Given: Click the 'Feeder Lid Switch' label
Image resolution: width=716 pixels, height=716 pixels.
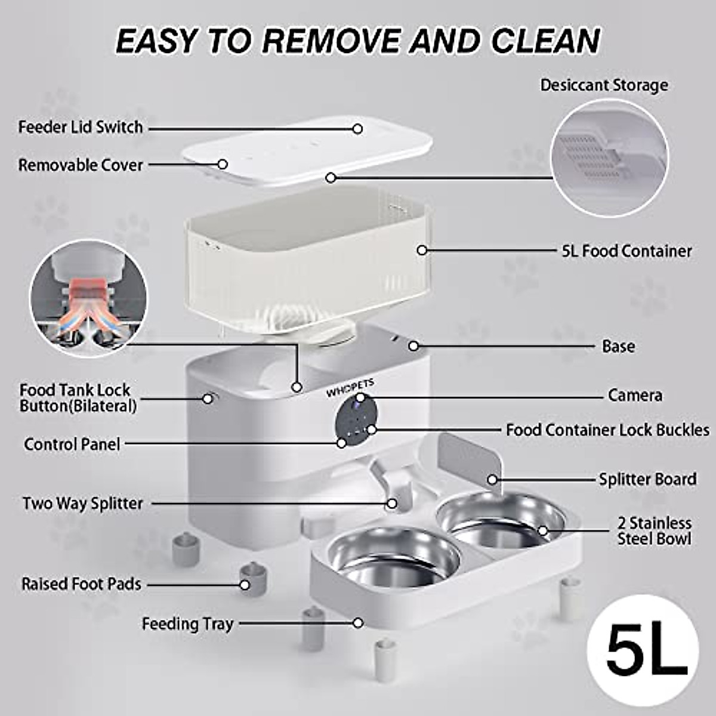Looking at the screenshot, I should click(81, 127).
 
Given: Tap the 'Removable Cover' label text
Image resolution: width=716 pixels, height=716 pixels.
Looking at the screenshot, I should click(81, 165).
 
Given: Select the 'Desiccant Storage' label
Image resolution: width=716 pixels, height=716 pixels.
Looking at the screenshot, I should click(604, 85).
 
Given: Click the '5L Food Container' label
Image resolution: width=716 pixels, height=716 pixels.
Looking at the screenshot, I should click(626, 251).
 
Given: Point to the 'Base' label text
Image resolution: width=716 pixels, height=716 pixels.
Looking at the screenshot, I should click(618, 347).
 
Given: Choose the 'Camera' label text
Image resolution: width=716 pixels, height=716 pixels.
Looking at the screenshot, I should click(635, 396).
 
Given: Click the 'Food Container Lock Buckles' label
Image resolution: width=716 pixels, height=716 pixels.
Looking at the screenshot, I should click(607, 430).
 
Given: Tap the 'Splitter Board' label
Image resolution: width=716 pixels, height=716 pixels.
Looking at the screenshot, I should click(647, 479).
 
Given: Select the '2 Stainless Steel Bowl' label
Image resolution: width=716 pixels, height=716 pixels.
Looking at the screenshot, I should click(654, 531).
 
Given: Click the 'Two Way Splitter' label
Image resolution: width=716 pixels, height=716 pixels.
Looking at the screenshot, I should click(83, 504).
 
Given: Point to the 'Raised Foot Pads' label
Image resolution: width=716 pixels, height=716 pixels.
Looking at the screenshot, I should click(81, 584).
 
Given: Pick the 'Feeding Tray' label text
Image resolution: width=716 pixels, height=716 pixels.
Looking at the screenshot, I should click(187, 624).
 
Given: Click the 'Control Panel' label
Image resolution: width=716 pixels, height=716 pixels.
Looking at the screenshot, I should click(72, 445).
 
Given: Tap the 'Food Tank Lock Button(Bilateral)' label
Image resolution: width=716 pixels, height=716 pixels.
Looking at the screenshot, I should click(78, 398).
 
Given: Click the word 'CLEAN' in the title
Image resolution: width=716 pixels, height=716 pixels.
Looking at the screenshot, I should click(545, 41).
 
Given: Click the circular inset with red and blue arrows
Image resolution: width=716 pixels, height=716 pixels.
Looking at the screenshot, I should click(88, 298).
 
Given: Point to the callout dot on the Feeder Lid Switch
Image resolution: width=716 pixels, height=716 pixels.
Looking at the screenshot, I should click(357, 128).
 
